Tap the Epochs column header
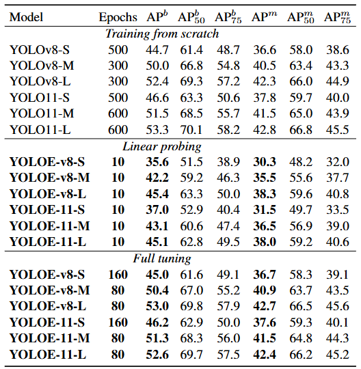(117, 17)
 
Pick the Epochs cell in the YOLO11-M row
(117, 113)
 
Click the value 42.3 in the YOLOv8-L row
(263, 81)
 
